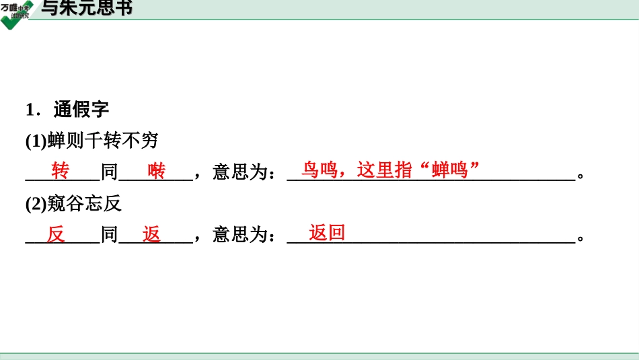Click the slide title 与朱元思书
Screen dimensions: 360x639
pos(87,9)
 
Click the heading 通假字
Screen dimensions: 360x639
pos(81,109)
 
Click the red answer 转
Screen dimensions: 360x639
pos(61,171)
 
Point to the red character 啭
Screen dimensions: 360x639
pos(157,171)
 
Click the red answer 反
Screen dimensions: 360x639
pos(57,234)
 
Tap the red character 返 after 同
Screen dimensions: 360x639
pos(152,234)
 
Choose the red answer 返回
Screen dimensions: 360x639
pos(327,233)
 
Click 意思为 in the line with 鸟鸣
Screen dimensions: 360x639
pos(240,173)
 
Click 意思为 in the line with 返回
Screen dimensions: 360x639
pos(240,236)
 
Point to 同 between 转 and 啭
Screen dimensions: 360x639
pos(110,173)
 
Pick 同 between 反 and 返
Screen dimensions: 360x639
pos(110,236)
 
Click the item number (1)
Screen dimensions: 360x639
pos(36,141)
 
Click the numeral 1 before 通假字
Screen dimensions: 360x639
pos(30,110)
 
